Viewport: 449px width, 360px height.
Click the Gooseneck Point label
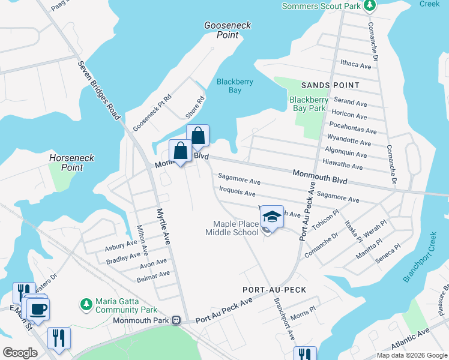228,30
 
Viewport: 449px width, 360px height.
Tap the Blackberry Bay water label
235,86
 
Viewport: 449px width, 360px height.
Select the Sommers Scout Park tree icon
370,6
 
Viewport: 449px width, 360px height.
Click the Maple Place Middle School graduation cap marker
272,217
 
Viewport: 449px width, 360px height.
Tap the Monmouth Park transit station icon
176,320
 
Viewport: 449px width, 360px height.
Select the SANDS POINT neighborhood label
330,85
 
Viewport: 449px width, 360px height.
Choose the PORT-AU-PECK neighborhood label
274,290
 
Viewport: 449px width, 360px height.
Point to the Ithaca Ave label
356,65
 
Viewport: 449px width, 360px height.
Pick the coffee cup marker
38,309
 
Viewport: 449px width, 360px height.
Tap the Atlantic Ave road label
411,339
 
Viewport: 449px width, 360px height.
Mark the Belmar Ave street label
154,274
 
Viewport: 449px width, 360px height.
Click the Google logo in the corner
20,353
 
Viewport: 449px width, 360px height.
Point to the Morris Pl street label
303,312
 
